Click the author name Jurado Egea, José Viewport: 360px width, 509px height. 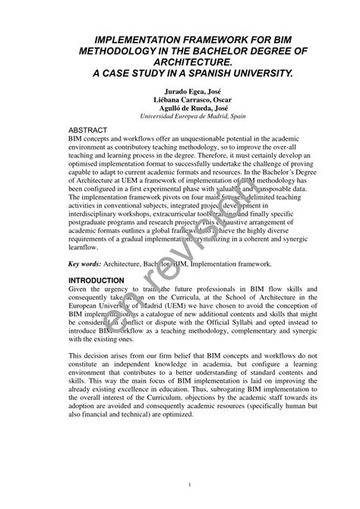point(179,90)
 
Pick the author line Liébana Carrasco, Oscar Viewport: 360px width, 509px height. point(179,100)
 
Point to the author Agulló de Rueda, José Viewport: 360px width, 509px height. point(179,108)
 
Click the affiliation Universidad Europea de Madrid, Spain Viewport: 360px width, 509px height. point(179,117)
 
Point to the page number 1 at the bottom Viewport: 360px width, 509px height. point(180,485)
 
